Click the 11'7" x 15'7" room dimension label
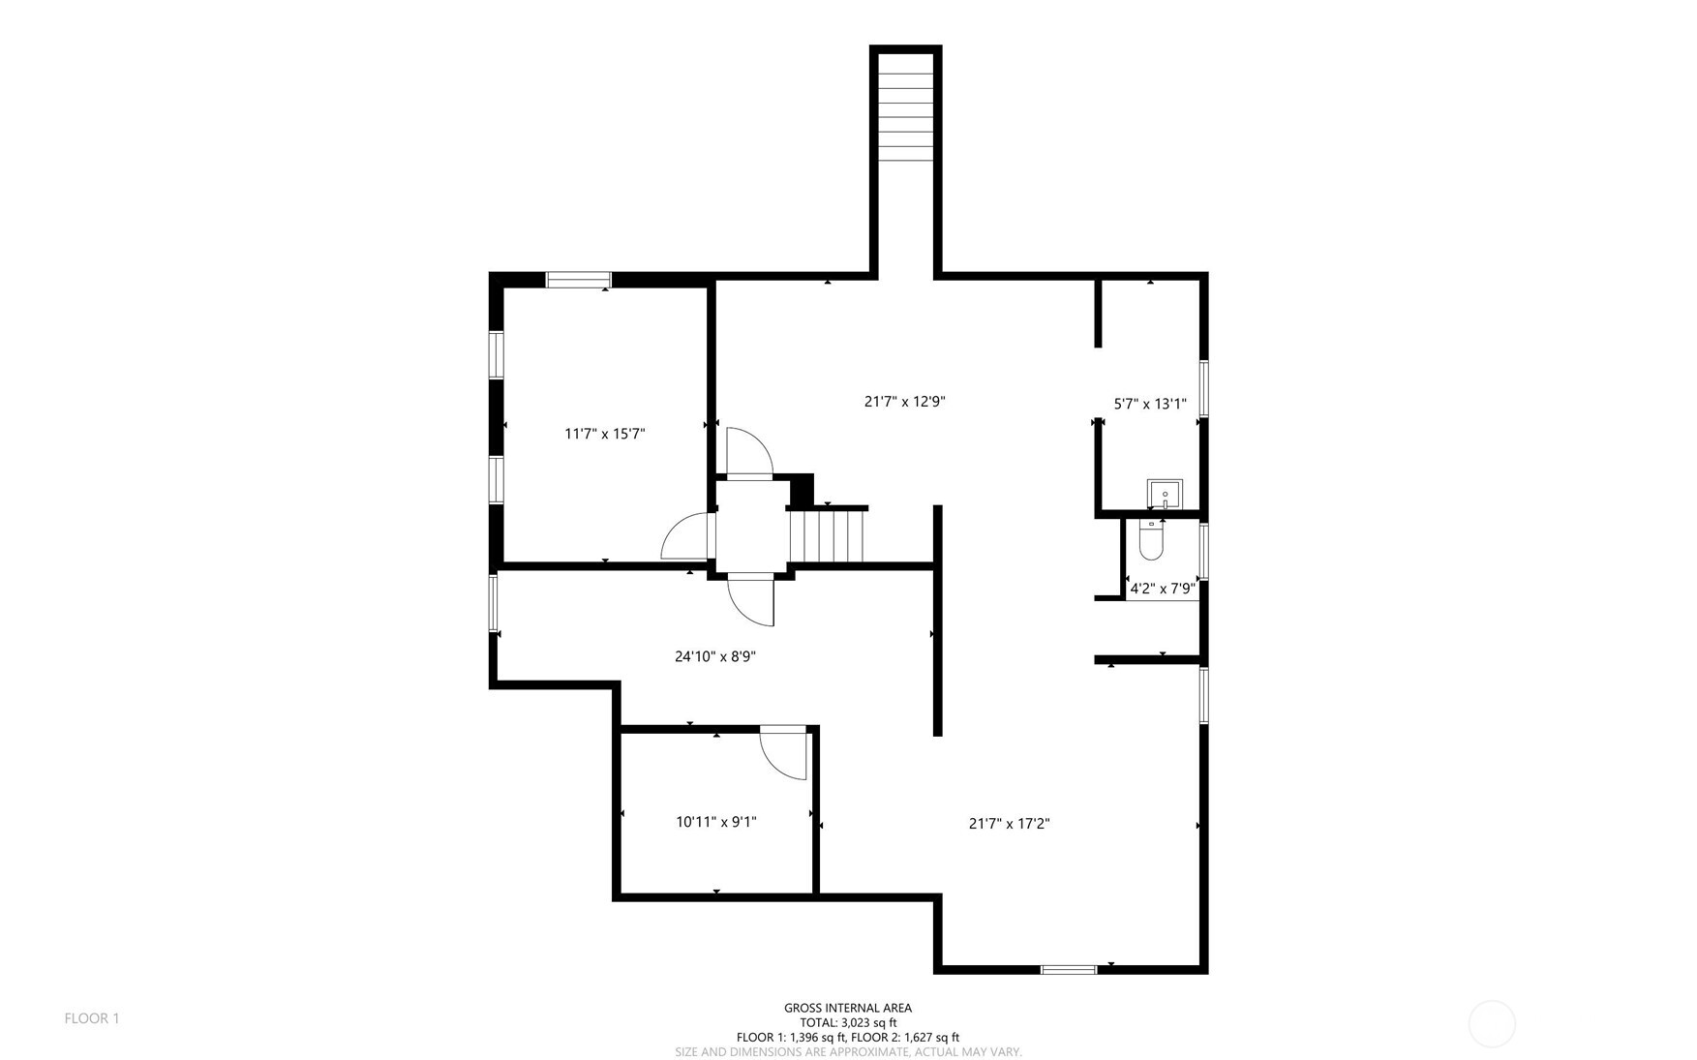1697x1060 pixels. [x=604, y=434]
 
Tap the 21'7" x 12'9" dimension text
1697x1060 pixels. [x=904, y=401]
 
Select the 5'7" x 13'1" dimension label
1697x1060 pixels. [x=1150, y=404]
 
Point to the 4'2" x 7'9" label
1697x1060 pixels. [x=1163, y=588]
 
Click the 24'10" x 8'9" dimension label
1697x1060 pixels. [x=714, y=656]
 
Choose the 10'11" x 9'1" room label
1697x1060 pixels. [x=715, y=822]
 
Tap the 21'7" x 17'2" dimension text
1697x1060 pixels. [x=1009, y=824]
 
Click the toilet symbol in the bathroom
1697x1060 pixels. [x=1150, y=540]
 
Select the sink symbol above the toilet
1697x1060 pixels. [x=1165, y=494]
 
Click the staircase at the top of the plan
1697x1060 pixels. [x=905, y=106]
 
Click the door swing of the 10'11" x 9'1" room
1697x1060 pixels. [x=783, y=752]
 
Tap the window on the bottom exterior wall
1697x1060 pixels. [x=1069, y=968]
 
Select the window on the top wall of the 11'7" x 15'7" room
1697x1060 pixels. [x=579, y=280]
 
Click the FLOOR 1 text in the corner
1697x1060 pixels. [x=92, y=1018]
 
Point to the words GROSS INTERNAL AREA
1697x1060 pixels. [x=848, y=1008]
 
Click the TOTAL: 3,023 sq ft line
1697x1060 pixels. [x=848, y=1022]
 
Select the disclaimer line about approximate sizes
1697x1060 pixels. [x=848, y=1052]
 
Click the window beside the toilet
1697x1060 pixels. [x=1204, y=551]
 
